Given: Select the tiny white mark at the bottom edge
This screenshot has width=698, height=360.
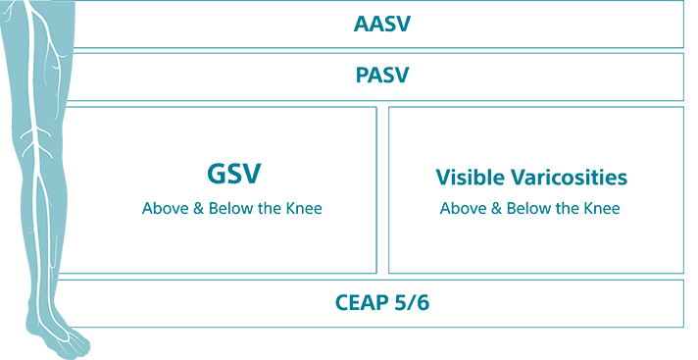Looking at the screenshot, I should [x=56, y=357].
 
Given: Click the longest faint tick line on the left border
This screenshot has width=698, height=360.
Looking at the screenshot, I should [x=10, y=180].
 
